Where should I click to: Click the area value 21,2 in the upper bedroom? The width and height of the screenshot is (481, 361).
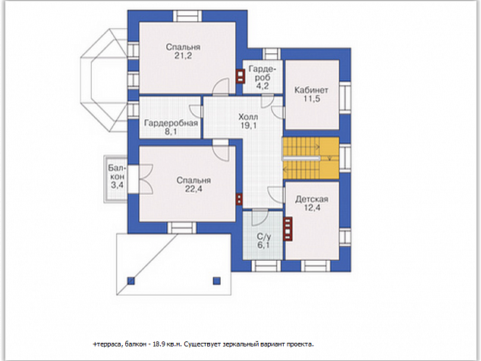click(x=183, y=56)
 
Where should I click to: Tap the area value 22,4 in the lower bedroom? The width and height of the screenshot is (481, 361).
click(x=193, y=190)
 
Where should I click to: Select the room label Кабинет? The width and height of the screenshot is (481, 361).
click(x=311, y=90)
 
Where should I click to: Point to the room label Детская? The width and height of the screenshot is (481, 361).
click(x=312, y=199)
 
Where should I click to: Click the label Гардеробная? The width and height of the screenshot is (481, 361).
click(x=171, y=124)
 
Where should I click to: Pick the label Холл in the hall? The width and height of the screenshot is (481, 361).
click(x=248, y=117)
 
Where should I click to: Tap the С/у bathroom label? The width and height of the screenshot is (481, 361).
click(x=264, y=237)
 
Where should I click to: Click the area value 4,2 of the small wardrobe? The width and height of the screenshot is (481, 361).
click(x=263, y=86)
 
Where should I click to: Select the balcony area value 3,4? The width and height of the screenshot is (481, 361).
click(x=117, y=185)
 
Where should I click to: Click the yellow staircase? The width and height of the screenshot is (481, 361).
click(x=311, y=159)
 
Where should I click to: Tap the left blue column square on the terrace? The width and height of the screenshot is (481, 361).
click(x=131, y=281)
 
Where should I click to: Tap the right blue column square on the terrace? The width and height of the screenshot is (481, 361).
click(x=217, y=281)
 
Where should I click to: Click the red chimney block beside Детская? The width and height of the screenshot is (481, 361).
click(x=288, y=229)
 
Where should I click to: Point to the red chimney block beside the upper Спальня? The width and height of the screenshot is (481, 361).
click(x=240, y=77)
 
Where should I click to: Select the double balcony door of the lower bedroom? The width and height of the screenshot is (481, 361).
click(x=146, y=179)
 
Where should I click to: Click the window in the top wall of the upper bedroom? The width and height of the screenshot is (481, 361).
click(x=187, y=16)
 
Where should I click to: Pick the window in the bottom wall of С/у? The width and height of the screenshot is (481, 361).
click(x=266, y=265)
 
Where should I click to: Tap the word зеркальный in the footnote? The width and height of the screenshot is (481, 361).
click(x=244, y=344)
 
